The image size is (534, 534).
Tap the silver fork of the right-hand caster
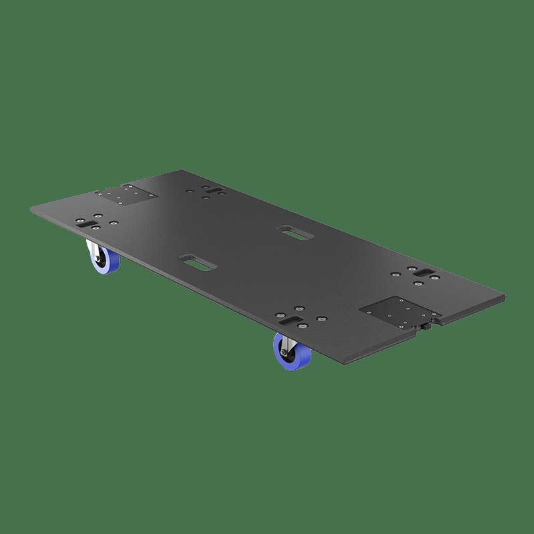pos(283,342)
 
